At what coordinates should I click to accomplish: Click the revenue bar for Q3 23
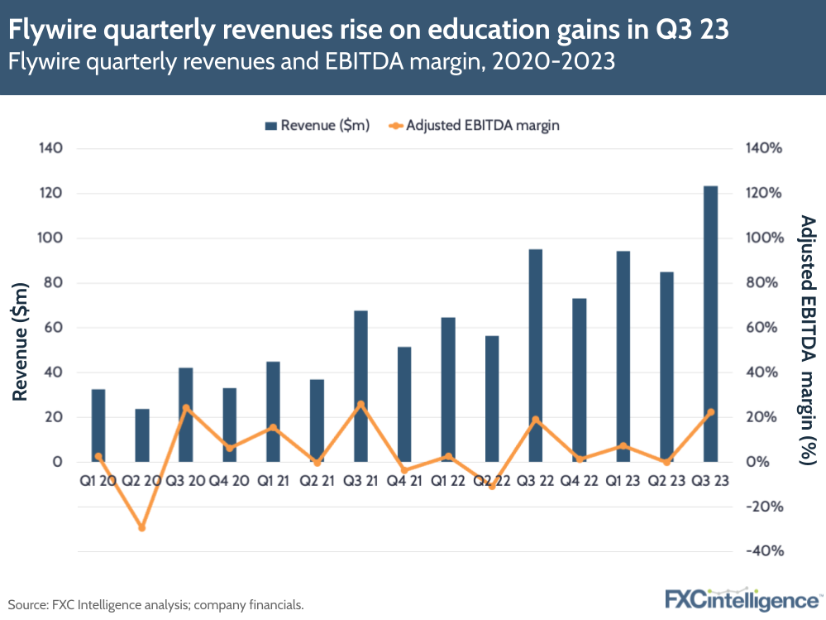coord(710,324)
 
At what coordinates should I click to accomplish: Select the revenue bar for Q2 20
coord(142,435)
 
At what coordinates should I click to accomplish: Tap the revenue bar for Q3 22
coord(536,355)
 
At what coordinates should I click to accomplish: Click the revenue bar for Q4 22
coord(580,380)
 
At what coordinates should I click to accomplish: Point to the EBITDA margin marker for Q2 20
coord(142,527)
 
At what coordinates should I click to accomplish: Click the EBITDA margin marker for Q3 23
coord(710,412)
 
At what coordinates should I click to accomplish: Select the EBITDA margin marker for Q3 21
coord(360,405)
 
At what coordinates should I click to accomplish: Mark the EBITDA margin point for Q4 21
coord(404,470)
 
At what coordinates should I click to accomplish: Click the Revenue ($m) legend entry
coord(317,126)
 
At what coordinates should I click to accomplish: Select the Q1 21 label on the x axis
coord(273,481)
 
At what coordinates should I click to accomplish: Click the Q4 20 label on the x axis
coord(229,481)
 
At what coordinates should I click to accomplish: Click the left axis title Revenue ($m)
coord(21,340)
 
